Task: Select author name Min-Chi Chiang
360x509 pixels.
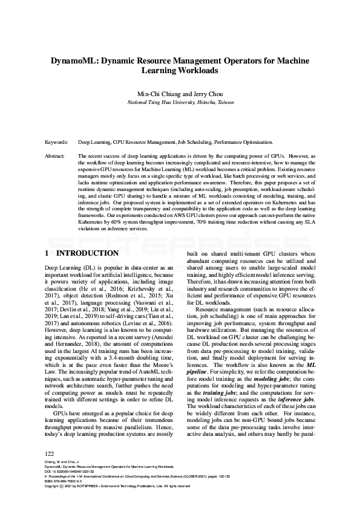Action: [x=159, y=94]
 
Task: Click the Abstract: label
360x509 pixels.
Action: [x=56, y=156]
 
